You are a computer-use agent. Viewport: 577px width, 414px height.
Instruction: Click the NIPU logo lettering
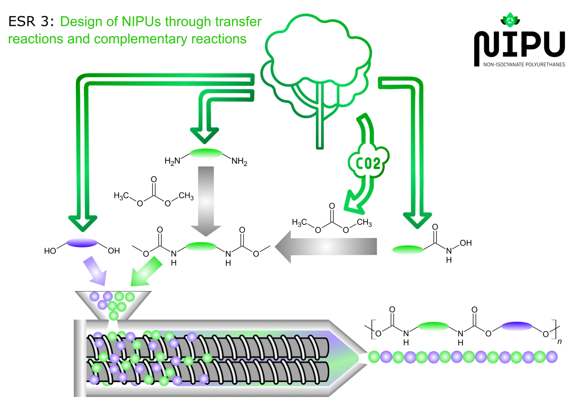[x=520, y=44]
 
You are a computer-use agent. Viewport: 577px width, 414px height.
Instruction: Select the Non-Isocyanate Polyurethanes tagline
[x=524, y=65]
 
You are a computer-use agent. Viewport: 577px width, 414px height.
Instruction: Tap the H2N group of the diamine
[x=172, y=161]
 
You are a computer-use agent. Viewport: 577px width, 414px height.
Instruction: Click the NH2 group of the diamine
[x=239, y=162]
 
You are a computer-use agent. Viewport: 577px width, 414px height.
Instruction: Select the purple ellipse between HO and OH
[x=82, y=243]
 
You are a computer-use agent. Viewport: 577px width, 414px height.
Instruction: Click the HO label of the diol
[x=50, y=251]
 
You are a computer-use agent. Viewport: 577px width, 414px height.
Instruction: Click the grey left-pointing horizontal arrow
[x=326, y=247]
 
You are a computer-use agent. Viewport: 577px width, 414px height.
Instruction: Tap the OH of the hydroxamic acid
[x=465, y=243]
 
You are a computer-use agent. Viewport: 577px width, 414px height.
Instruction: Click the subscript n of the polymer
[x=559, y=341]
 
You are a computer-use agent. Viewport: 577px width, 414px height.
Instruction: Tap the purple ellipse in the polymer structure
[x=517, y=326]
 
